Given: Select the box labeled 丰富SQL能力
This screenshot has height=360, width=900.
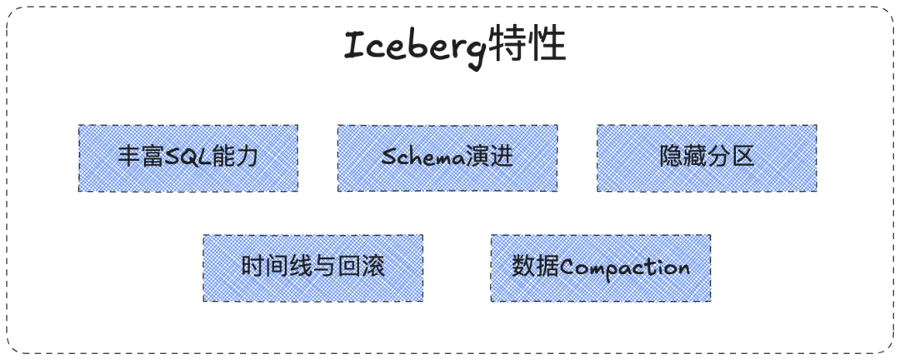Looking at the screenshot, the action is point(188,158).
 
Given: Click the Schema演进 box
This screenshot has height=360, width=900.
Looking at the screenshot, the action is point(447,158).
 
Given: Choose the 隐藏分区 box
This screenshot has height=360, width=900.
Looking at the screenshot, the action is point(707,158).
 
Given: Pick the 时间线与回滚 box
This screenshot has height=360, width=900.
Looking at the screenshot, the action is point(312,267).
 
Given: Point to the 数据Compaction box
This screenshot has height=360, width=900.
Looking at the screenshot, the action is point(601,267).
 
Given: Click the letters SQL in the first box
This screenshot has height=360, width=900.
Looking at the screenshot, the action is point(185,157).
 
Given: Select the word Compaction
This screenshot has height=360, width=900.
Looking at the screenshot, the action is point(624,268).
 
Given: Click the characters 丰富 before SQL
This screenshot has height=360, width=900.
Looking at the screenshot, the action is point(139,157).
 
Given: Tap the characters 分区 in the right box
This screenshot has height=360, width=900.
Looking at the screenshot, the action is point(731,157).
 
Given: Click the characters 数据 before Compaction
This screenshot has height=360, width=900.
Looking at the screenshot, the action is point(534,267).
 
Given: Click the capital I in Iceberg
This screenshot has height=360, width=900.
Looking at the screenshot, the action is point(355,47).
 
